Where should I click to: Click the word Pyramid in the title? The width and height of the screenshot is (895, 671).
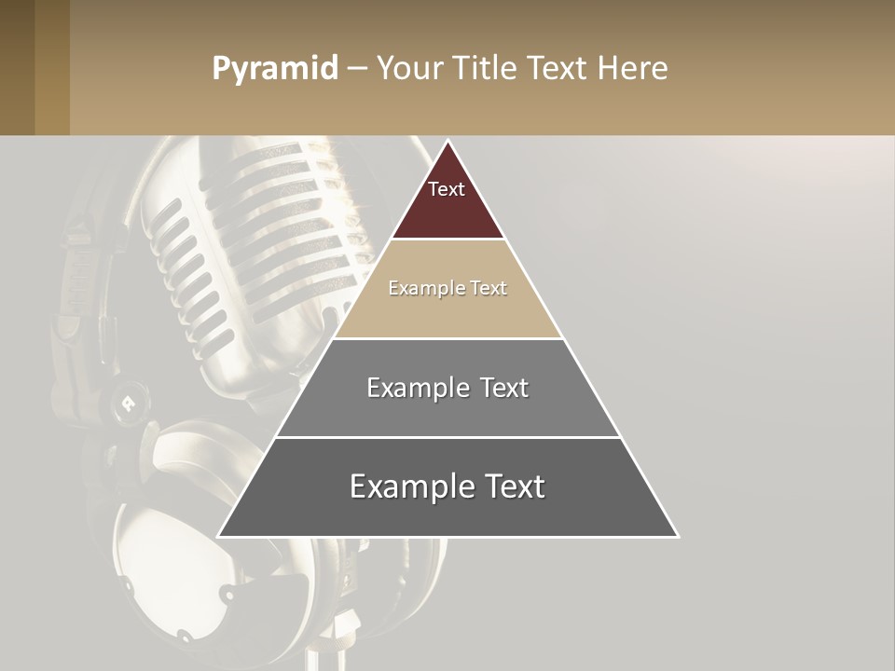pyautogui.click(x=275, y=69)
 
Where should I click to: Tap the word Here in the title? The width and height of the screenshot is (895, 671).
pyautogui.click(x=633, y=69)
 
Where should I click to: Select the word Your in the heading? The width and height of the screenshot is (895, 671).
pyautogui.click(x=409, y=69)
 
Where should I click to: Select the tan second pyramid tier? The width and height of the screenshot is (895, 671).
pyautogui.click(x=447, y=312)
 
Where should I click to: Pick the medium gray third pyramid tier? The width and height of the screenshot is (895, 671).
pyautogui.click(x=447, y=410)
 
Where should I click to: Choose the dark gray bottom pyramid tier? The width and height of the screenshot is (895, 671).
pyautogui.click(x=447, y=513)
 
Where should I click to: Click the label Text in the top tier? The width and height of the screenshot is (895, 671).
pyautogui.click(x=447, y=189)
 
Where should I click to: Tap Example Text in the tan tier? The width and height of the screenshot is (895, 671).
pyautogui.click(x=447, y=288)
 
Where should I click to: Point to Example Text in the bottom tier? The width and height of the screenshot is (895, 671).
pyautogui.click(x=447, y=486)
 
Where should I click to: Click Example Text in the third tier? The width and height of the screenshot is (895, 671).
pyautogui.click(x=447, y=388)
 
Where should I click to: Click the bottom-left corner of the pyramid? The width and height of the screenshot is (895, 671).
pyautogui.click(x=220, y=535)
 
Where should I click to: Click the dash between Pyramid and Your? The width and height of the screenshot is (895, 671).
pyautogui.click(x=357, y=69)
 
